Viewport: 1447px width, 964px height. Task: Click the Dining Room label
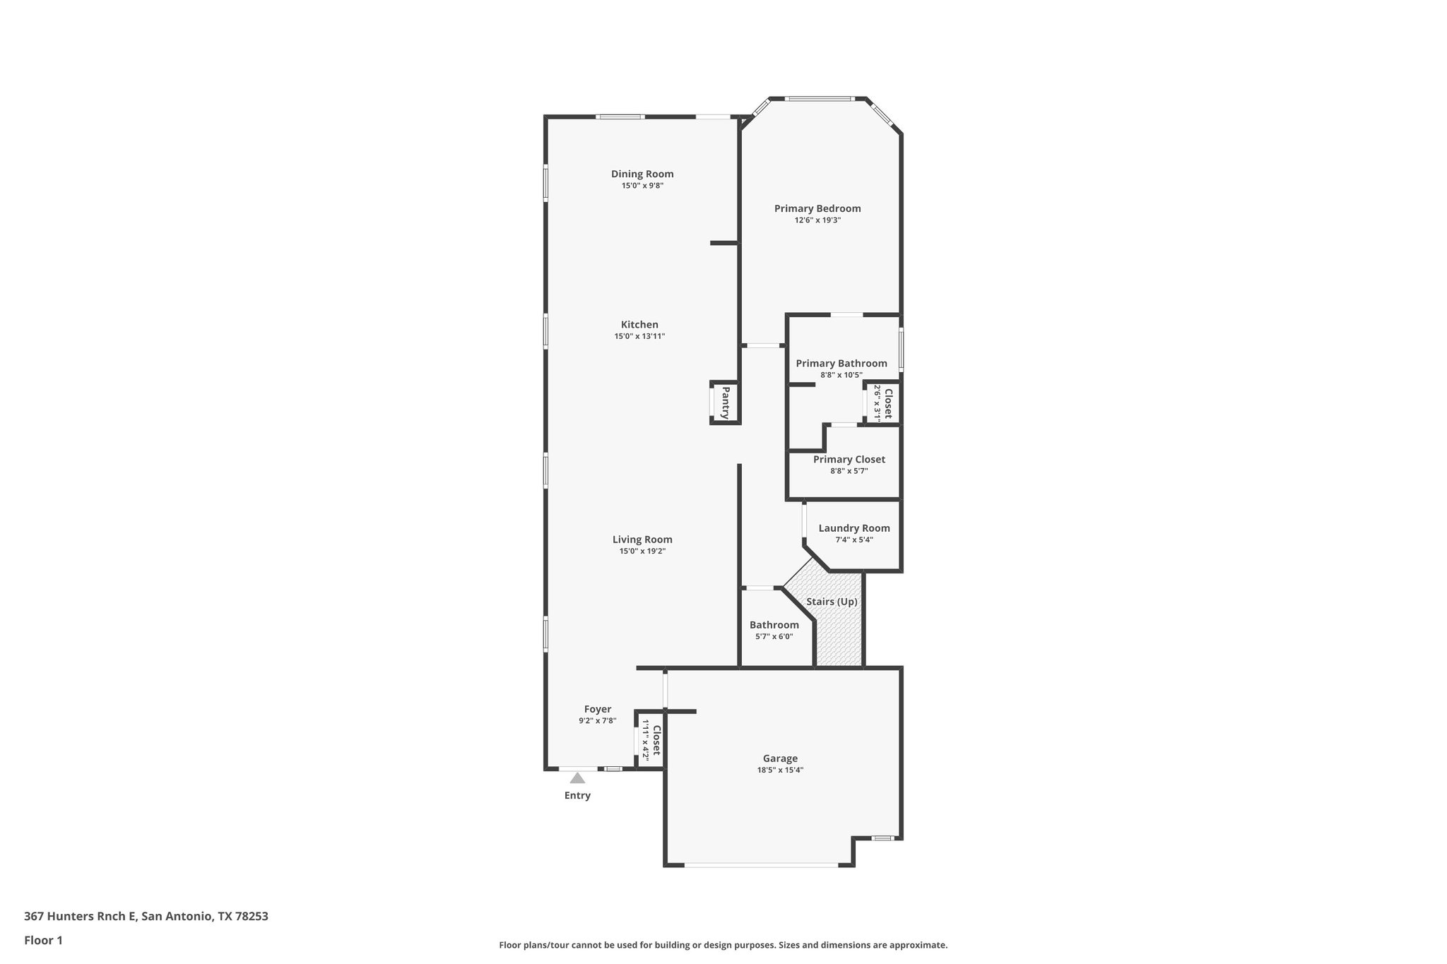[x=642, y=174]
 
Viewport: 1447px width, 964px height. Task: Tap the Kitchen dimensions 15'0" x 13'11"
[x=639, y=337]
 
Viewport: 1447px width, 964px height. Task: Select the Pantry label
[x=725, y=403]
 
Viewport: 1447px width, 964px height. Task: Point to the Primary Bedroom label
[x=817, y=208]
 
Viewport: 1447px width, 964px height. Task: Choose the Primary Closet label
[x=849, y=459]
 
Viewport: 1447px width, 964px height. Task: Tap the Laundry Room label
[x=854, y=528]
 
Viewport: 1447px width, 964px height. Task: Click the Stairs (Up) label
[x=832, y=602]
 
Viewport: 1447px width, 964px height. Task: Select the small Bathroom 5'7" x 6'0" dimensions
[x=774, y=636]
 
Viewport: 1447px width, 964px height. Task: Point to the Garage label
[x=780, y=758]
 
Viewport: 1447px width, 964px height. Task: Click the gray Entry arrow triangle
[x=577, y=778]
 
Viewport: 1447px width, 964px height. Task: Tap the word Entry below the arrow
[x=577, y=795]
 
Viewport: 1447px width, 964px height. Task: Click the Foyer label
[x=597, y=709]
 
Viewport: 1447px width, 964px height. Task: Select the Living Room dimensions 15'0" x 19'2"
[x=642, y=551]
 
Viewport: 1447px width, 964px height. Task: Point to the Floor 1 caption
[x=43, y=940]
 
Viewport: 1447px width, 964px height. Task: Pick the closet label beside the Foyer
[x=656, y=739]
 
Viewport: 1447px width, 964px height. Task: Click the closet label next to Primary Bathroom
[x=888, y=403]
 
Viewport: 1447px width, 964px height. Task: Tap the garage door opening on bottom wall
[x=760, y=864]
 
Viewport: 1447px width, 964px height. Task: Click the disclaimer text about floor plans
[x=723, y=945]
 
